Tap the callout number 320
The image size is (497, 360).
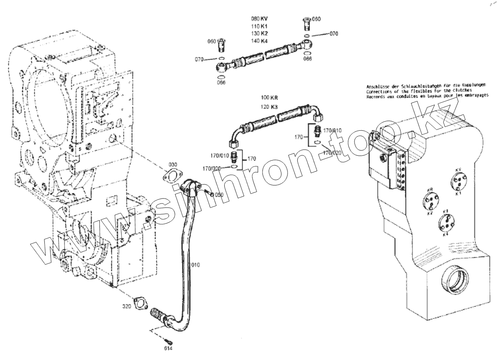pos(127,307)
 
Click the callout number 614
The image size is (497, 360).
pos(168,349)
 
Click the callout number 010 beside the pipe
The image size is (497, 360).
pos(195,265)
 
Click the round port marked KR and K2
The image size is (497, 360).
pos(430,201)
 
